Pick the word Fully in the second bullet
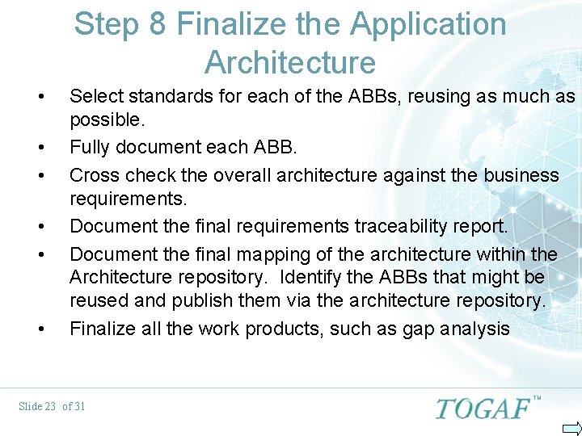point(87,147)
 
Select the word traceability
point(373,226)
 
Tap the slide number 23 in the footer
point(48,406)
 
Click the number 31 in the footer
point(78,406)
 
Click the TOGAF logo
point(483,408)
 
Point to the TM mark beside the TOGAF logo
point(537,398)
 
